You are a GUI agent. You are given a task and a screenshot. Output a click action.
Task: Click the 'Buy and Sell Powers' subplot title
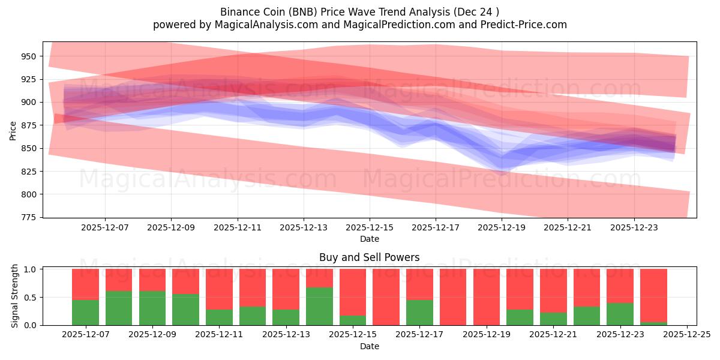coord(369,258)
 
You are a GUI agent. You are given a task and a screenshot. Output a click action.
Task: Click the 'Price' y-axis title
coord(13,130)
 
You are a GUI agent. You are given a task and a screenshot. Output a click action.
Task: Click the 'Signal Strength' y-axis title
coord(16,296)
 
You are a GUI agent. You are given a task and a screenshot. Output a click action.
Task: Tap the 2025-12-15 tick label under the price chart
coord(370,228)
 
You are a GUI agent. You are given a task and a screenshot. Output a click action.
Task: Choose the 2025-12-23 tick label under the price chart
coord(634,228)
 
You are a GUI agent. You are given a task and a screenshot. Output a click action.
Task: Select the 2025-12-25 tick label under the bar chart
coord(686,335)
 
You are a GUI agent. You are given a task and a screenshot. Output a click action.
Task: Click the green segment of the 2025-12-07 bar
coord(85,313)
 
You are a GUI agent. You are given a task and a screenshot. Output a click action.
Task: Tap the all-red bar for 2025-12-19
coord(487,297)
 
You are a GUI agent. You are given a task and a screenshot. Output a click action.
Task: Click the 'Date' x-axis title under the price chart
coord(369,239)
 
